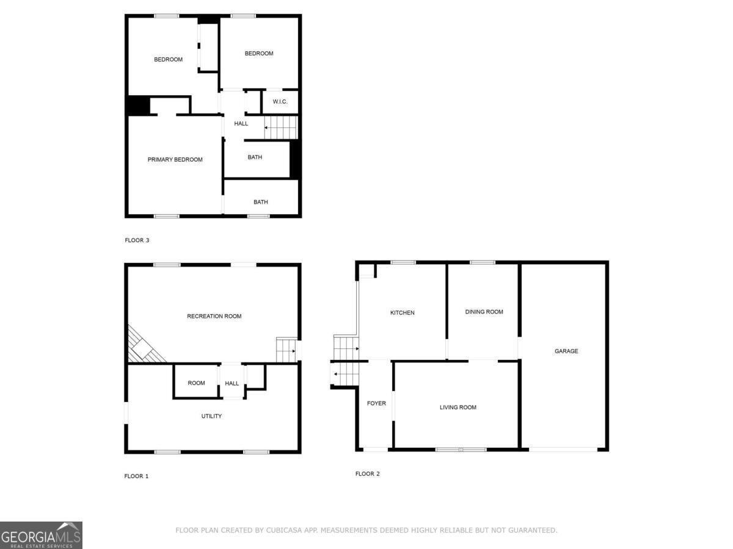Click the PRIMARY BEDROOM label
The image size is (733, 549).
point(175,160)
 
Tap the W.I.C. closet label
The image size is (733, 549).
point(280,102)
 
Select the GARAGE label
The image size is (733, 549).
point(566,351)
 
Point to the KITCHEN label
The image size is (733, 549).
point(402,313)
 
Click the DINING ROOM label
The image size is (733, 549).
point(484,312)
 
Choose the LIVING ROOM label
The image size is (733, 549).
point(458,407)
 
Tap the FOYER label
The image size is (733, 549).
point(376,403)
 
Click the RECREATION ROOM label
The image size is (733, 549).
point(214,317)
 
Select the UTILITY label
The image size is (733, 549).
point(211,417)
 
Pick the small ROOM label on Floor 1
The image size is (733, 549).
point(196,383)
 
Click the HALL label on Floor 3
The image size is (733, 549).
point(241,124)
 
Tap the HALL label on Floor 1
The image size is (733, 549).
point(232,384)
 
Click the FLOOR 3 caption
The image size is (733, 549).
point(137,240)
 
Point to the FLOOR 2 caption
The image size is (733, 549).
point(368,474)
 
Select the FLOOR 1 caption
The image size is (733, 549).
point(136,476)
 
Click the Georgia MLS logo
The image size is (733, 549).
point(41,535)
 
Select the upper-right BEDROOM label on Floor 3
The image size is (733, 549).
point(259,54)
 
